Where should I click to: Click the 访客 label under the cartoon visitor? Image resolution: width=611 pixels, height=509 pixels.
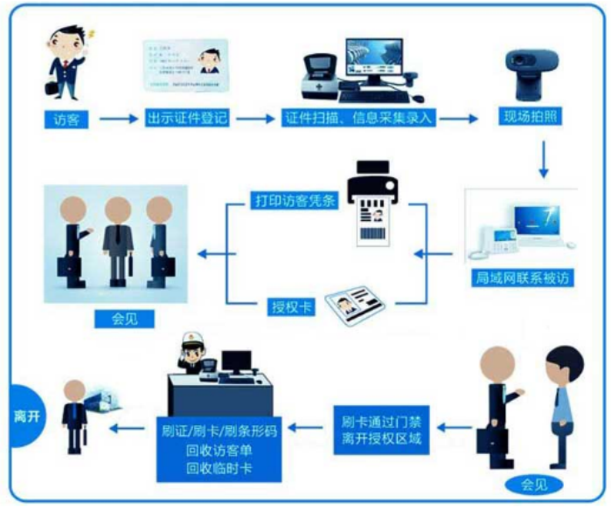coord(66,119)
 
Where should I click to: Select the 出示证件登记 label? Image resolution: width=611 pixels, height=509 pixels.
coord(187,118)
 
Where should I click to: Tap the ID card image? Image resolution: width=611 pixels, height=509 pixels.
coord(186,66)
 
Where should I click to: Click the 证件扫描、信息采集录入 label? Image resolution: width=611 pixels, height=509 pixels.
coord(358,118)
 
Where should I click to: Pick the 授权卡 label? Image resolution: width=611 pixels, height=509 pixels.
coord(288,307)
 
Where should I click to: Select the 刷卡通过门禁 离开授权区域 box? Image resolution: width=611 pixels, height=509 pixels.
coord(381,429)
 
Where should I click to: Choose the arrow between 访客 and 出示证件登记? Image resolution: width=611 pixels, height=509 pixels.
coord(118,118)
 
